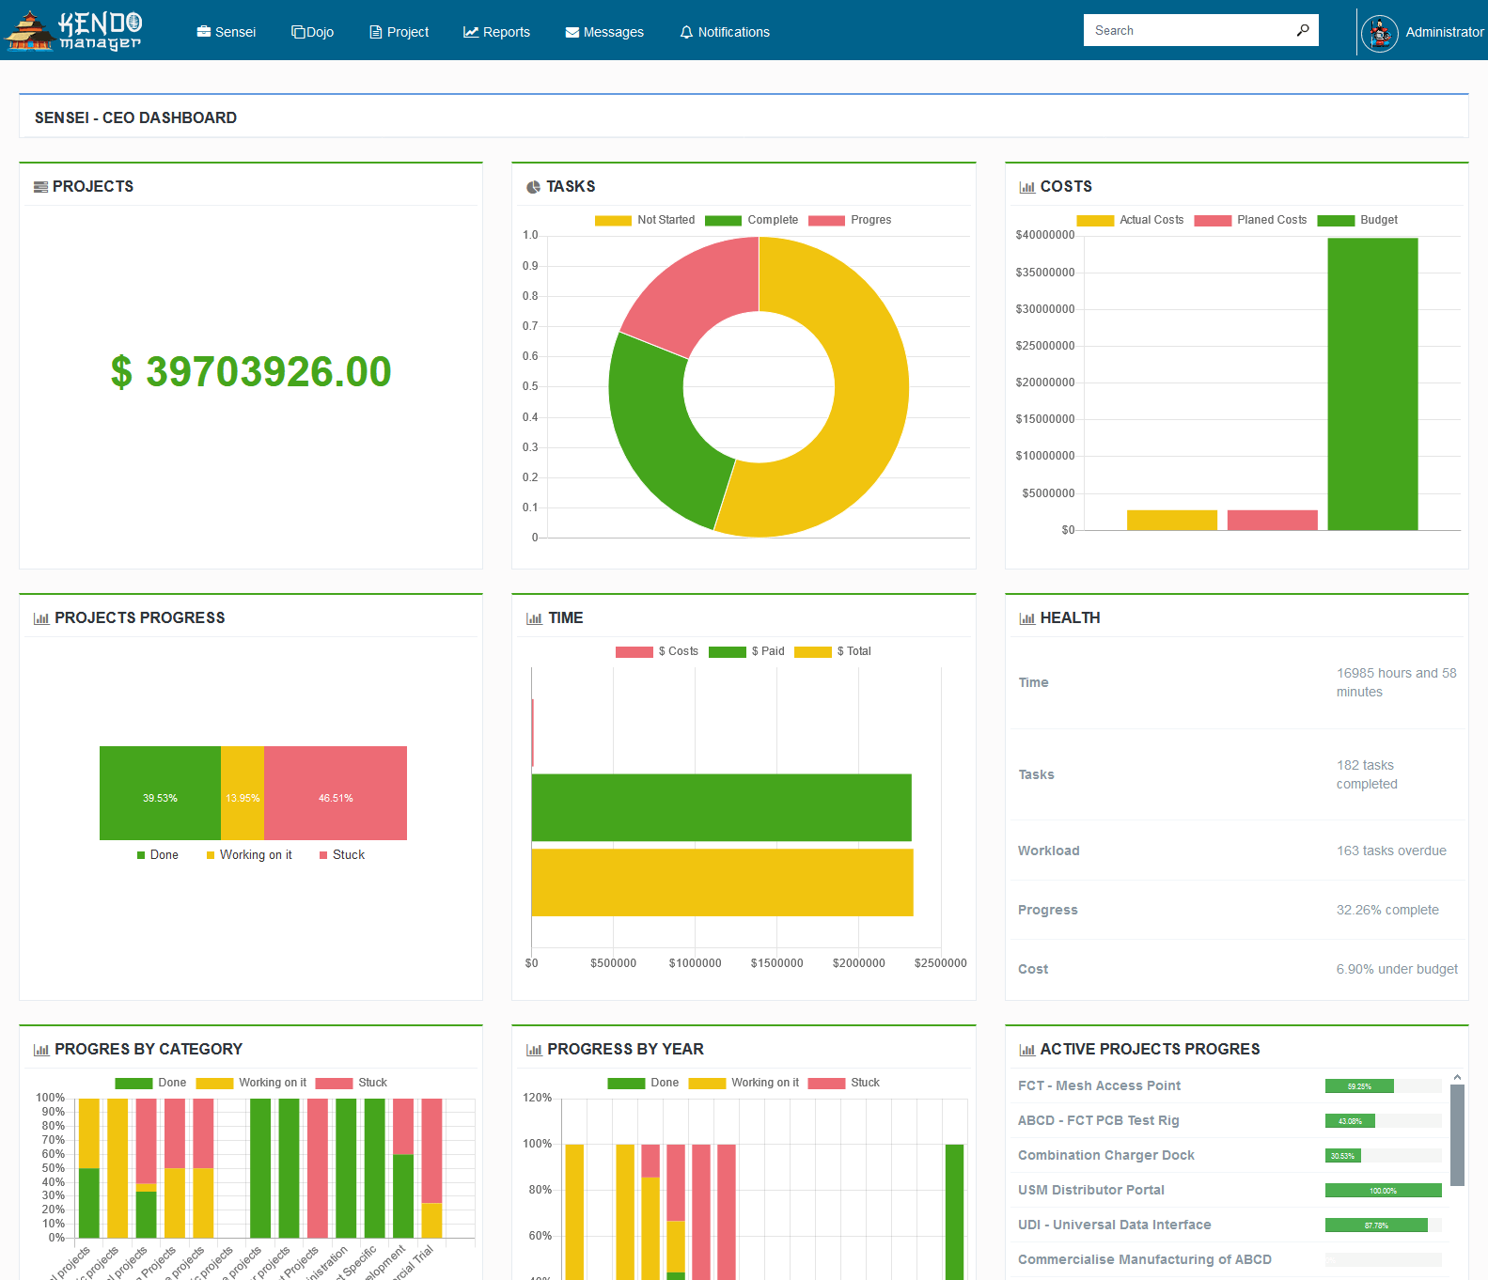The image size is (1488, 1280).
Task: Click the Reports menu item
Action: click(x=496, y=32)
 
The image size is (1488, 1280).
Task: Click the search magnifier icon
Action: click(x=1303, y=30)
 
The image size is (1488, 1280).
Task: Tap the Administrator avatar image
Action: click(x=1379, y=34)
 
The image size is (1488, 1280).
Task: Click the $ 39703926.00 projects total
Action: click(x=250, y=372)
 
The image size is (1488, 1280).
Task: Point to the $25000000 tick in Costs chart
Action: click(x=1044, y=346)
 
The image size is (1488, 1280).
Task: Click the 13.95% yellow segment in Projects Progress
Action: click(x=243, y=793)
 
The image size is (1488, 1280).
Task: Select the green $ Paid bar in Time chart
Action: click(x=721, y=807)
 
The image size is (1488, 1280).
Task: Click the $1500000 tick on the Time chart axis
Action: click(x=776, y=963)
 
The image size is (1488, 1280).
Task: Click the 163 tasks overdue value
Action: click(x=1391, y=851)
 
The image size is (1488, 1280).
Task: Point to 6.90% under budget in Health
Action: click(x=1397, y=969)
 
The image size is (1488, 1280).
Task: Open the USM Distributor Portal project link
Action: click(x=1090, y=1190)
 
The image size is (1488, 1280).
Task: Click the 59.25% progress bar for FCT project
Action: click(x=1359, y=1086)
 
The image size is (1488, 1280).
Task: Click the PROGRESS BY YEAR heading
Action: click(x=625, y=1049)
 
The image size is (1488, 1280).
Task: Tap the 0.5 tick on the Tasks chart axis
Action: click(x=531, y=386)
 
